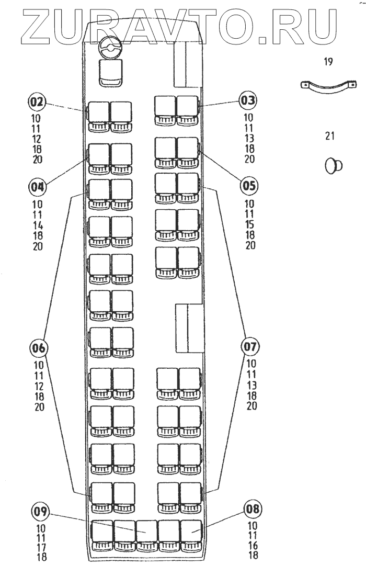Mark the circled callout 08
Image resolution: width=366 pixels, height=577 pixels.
[x=253, y=508]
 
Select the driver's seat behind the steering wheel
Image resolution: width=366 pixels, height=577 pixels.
[x=110, y=71]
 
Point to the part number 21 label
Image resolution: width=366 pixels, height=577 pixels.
[x=329, y=137]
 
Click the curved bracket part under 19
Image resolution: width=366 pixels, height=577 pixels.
[x=329, y=86]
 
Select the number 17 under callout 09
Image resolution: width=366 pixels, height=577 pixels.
[x=41, y=548]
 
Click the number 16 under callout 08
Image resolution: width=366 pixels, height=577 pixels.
[x=251, y=545]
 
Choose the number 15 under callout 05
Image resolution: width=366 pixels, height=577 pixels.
[x=250, y=224]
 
